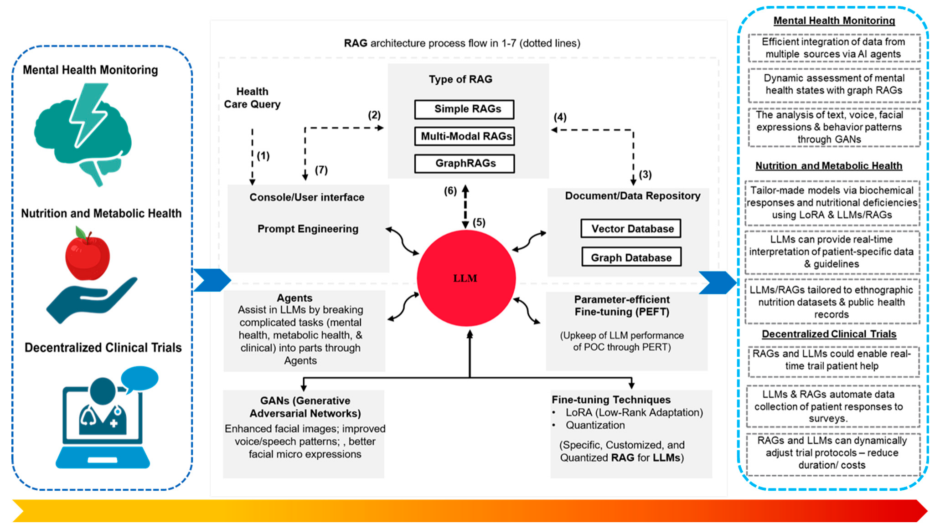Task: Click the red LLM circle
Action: pyautogui.click(x=466, y=278)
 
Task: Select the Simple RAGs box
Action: pyautogui.click(x=464, y=109)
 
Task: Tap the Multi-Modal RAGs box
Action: pyautogui.click(x=464, y=136)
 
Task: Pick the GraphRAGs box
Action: pyautogui.click(x=464, y=164)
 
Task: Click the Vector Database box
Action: pyautogui.click(x=631, y=229)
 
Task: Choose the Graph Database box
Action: pyautogui.click(x=631, y=257)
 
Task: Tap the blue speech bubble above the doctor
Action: pyautogui.click(x=139, y=379)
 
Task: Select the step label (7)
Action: pyautogui.click(x=321, y=170)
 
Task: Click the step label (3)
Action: pyautogui.click(x=645, y=175)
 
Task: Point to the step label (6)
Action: pyautogui.click(x=450, y=191)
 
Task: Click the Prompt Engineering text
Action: pyautogui.click(x=308, y=229)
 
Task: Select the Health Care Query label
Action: pyautogui.click(x=252, y=98)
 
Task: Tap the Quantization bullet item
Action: pyautogui.click(x=595, y=425)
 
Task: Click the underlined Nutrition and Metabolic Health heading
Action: pyautogui.click(x=829, y=166)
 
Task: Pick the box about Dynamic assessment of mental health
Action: pyautogui.click(x=834, y=85)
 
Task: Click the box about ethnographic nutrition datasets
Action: pyautogui.click(x=832, y=302)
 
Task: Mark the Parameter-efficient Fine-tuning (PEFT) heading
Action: pyautogui.click(x=622, y=306)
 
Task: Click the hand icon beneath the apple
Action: pyautogui.click(x=91, y=301)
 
